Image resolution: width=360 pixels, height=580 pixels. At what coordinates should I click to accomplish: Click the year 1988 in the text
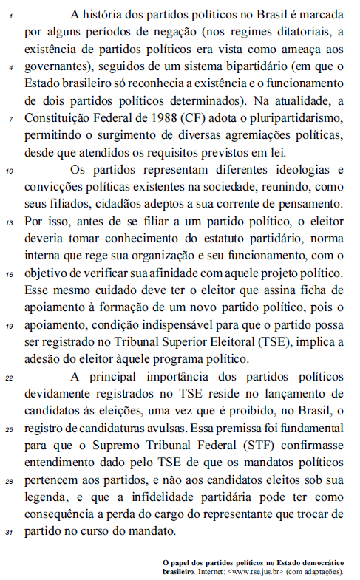pos(190,118)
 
